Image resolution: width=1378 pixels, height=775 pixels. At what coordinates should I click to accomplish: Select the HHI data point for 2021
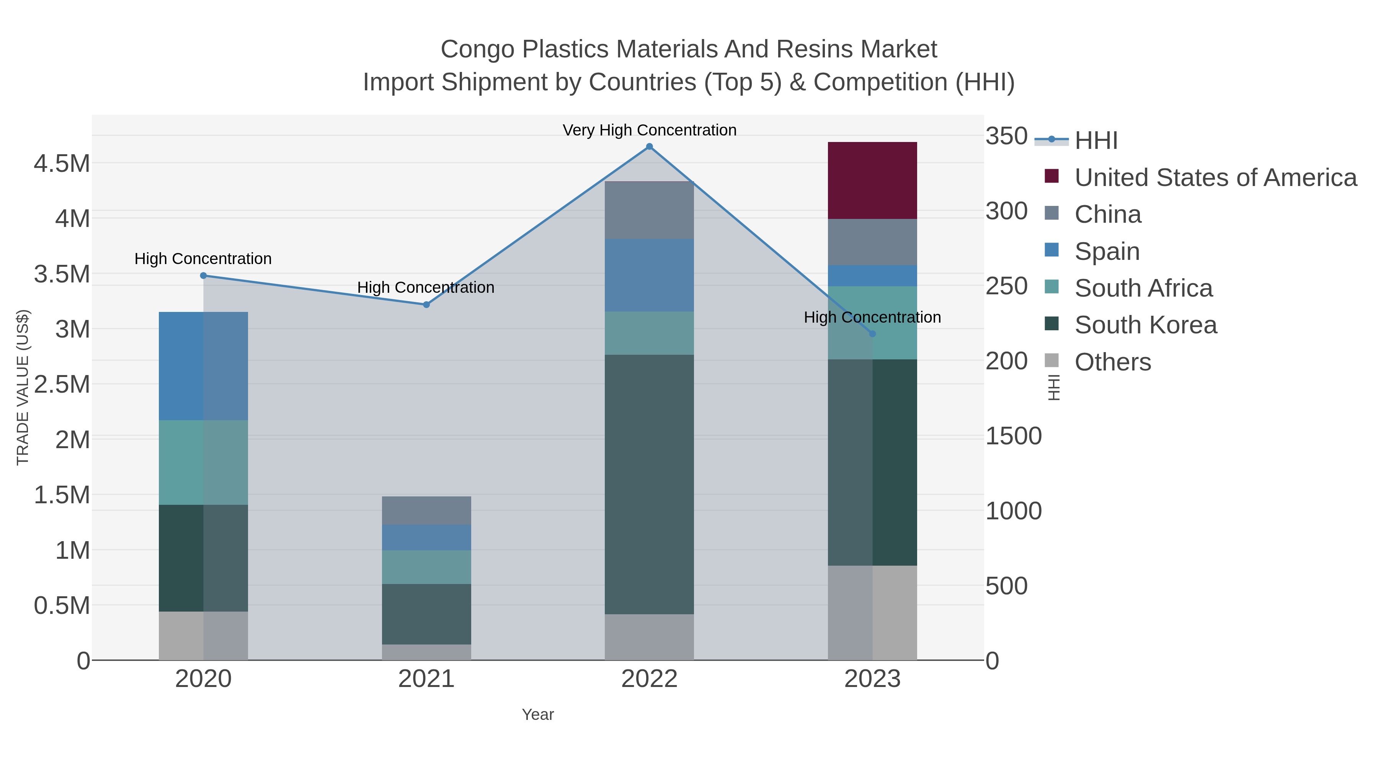coord(426,305)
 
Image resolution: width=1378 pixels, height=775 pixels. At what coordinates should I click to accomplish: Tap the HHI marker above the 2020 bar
coord(203,276)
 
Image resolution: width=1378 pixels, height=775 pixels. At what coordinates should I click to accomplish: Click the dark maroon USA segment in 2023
coord(872,180)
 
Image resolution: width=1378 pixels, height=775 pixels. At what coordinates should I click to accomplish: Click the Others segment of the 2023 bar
coord(872,612)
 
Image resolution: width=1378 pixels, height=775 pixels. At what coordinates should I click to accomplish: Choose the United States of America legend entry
coord(1215,178)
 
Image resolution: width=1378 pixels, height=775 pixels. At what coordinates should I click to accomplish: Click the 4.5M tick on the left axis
coord(62,163)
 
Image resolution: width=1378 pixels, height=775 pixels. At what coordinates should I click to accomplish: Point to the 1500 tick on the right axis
coord(1013,436)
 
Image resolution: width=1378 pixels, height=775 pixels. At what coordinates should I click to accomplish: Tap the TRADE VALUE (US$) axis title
coord(23,387)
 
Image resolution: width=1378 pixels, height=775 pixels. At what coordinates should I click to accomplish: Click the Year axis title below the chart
coord(538,715)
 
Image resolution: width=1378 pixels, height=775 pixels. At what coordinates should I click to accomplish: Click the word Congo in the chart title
coord(478,50)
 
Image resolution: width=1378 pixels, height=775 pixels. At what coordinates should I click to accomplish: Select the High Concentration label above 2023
coord(872,318)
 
